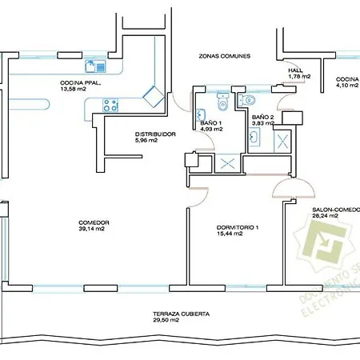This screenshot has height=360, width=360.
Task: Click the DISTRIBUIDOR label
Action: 154,134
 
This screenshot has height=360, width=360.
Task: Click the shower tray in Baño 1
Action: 226,162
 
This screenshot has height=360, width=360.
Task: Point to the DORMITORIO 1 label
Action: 238,226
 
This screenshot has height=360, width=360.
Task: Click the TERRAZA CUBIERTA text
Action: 182,314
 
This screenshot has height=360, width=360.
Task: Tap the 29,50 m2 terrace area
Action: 182,322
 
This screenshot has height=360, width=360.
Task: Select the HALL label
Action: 295,70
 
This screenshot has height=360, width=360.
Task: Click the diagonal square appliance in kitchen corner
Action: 153,95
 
